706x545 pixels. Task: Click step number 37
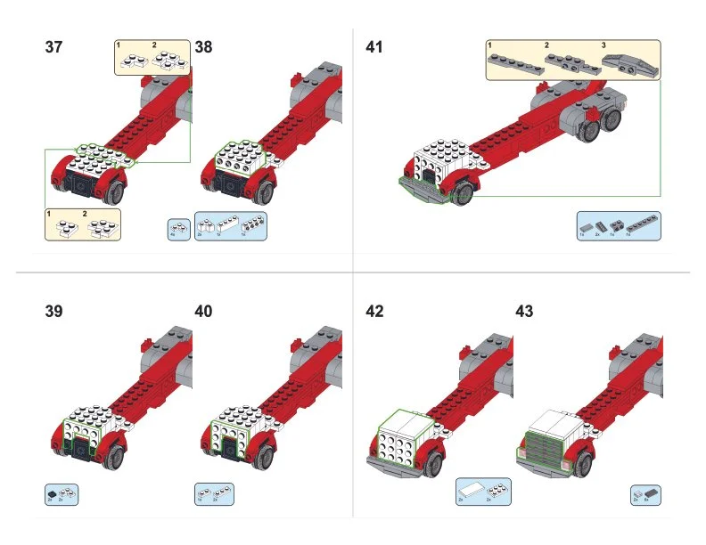point(53,47)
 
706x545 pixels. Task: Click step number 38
point(203,47)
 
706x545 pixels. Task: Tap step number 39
point(53,312)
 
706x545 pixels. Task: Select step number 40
point(203,312)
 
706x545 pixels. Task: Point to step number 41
point(374,47)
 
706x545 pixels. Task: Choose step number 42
point(374,312)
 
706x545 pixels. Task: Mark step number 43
point(524,312)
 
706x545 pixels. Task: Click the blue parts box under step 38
point(231,227)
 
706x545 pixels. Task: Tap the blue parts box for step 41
point(618,227)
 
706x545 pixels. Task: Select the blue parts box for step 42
point(484,492)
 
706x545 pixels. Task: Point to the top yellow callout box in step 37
point(152,57)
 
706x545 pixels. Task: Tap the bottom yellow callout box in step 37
point(82,224)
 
